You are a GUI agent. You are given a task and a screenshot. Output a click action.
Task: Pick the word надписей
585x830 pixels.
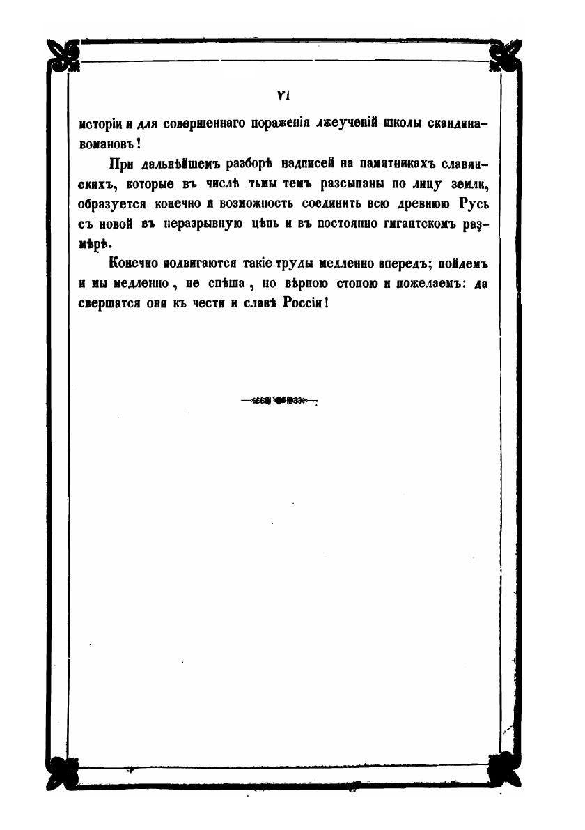pos(309,165)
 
